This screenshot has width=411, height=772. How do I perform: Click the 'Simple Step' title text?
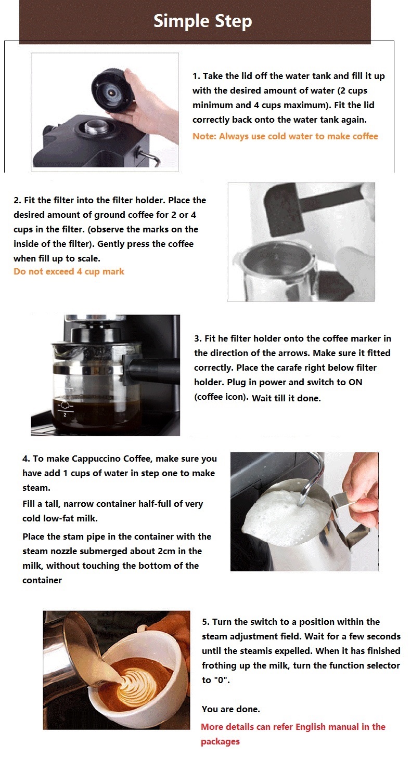(x=202, y=21)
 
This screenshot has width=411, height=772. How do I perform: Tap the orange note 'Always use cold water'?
(x=285, y=136)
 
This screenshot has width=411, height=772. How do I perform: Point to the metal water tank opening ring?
(x=97, y=127)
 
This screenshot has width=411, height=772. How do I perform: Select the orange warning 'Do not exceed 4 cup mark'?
(x=69, y=271)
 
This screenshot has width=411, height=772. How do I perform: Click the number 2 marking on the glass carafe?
(x=65, y=415)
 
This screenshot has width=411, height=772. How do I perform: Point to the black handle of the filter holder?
(x=151, y=370)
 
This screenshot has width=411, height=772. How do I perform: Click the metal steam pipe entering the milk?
(x=307, y=483)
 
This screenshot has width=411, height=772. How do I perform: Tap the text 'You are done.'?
(x=230, y=709)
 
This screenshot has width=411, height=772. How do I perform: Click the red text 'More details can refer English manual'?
(x=293, y=727)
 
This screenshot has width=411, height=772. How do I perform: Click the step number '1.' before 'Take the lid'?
(x=197, y=76)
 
